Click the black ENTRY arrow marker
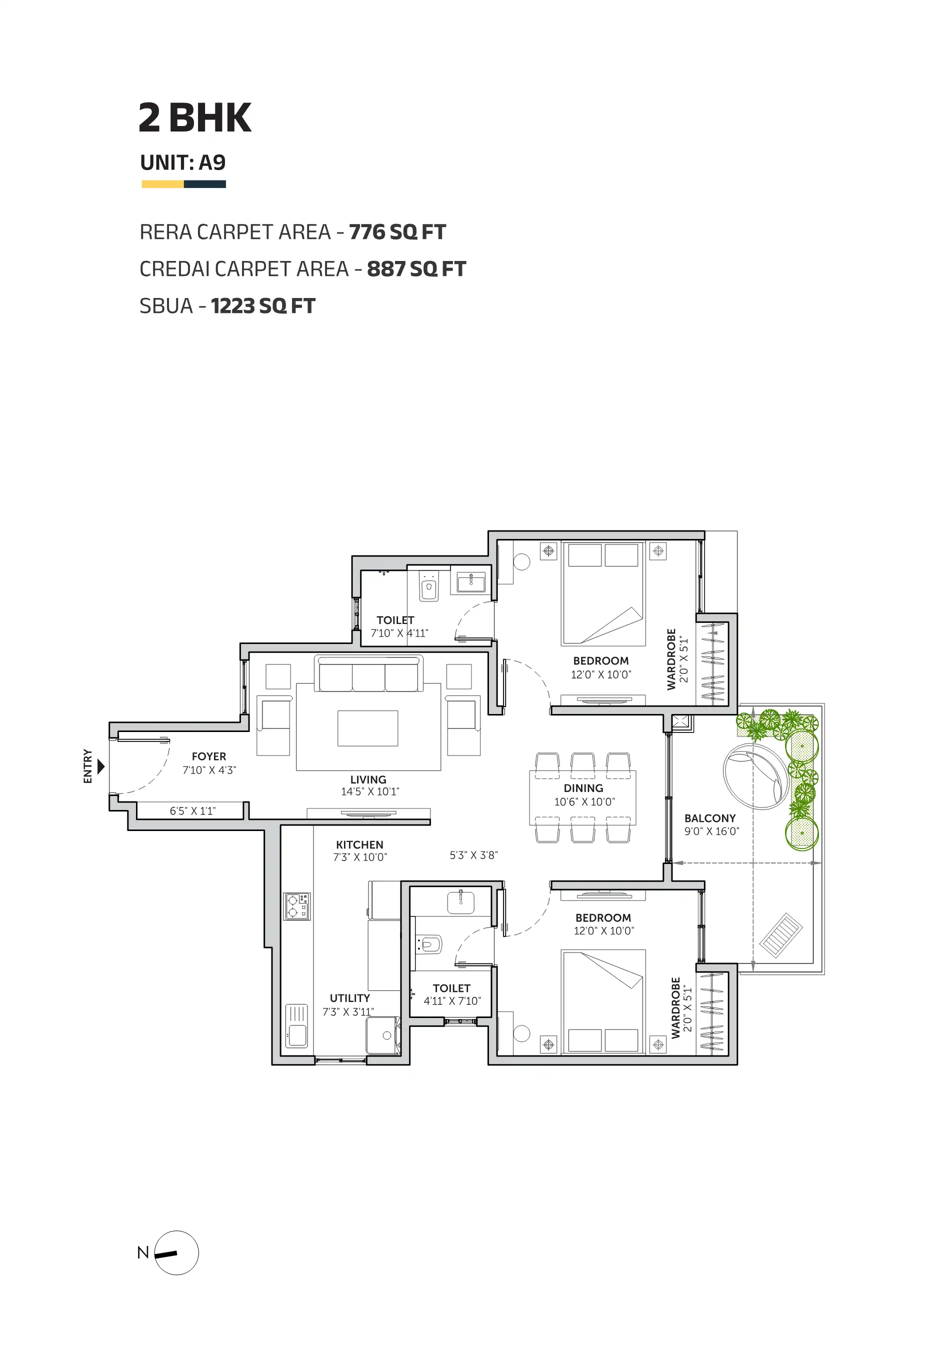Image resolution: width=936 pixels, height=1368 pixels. [x=100, y=766]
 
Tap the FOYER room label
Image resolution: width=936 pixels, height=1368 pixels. [x=209, y=756]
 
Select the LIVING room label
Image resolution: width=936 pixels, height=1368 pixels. [x=368, y=779]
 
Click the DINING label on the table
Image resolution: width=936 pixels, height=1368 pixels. [x=583, y=788]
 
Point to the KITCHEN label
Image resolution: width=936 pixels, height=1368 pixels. [x=359, y=844]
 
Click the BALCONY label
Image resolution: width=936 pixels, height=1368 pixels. [x=710, y=818]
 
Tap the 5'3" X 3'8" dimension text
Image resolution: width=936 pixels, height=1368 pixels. [x=474, y=855]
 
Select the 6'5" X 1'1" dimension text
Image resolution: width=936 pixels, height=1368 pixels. [x=192, y=810]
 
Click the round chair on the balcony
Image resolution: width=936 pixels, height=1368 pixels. [x=755, y=776]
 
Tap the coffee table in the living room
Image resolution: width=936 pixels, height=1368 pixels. [x=367, y=728]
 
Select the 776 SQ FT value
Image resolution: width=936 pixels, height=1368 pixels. [x=397, y=232]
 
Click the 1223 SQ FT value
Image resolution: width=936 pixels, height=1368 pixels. [x=263, y=306]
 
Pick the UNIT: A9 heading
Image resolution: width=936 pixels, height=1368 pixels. [x=183, y=162]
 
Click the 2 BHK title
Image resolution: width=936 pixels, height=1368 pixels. [x=195, y=117]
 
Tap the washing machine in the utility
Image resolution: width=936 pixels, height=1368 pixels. [x=383, y=1035]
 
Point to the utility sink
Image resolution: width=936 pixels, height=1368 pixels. [x=296, y=1026]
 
